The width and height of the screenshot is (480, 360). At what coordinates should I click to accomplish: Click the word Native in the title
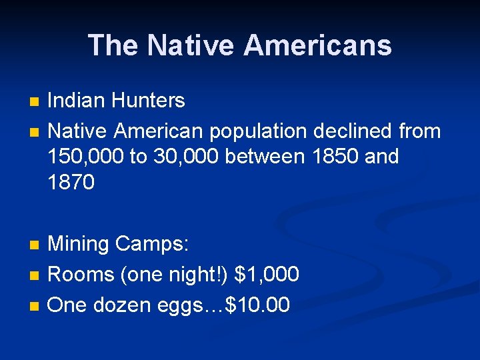tap(191, 45)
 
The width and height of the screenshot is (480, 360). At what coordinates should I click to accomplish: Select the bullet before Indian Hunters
tap(35, 102)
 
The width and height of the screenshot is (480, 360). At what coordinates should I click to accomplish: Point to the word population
tap(257, 131)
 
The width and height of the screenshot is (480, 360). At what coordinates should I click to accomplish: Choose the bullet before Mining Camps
tap(35, 245)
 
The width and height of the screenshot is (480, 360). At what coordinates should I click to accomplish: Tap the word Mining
tap(79, 245)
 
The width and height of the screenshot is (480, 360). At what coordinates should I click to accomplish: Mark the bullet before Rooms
tap(35, 275)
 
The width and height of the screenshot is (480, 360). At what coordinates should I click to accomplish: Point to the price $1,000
tap(267, 274)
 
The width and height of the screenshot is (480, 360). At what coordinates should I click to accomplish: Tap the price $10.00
tap(258, 305)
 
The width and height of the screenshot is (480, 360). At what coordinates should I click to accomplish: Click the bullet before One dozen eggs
tap(35, 306)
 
